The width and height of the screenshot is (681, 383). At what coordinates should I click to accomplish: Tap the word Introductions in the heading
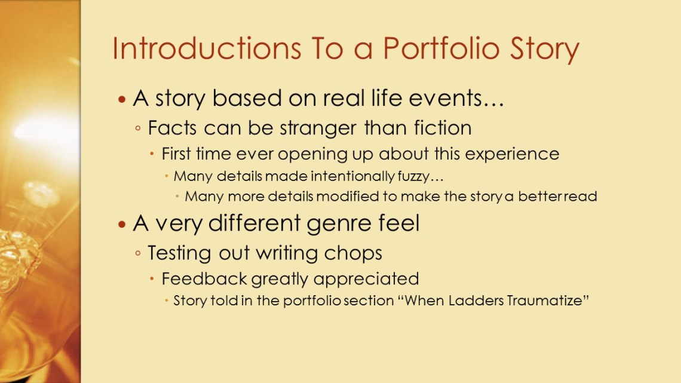207,48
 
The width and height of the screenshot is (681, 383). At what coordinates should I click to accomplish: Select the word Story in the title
545,49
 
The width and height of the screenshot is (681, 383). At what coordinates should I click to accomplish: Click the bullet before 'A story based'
122,99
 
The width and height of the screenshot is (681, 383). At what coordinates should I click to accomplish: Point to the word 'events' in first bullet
456,98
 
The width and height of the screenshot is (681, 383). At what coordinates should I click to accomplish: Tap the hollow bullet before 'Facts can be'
137,128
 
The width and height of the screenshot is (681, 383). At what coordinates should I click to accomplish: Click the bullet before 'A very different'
122,225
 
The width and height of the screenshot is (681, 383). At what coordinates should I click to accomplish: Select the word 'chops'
353,253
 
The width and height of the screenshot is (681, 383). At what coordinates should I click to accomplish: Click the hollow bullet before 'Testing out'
137,253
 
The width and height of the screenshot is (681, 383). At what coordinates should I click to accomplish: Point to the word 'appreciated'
366,280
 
